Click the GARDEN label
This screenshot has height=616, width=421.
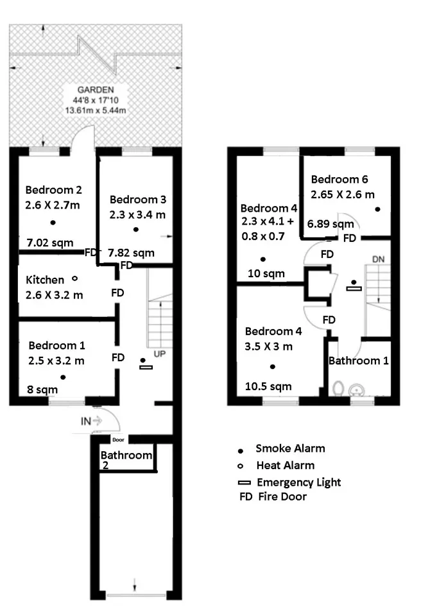pyautogui.click(x=96, y=90)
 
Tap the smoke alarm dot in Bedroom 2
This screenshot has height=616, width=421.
pyautogui.click(x=53, y=223)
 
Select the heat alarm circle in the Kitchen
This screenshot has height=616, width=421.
pyautogui.click(x=74, y=278)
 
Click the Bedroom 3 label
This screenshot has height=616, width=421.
pyautogui.click(x=137, y=200)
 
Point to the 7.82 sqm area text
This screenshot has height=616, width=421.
pyautogui.click(x=131, y=253)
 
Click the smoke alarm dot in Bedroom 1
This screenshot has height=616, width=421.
pyautogui.click(x=63, y=377)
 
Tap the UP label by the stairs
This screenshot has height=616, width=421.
pyautogui.click(x=159, y=354)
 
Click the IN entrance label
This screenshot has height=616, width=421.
pyautogui.click(x=86, y=421)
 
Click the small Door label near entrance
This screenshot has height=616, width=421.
pyautogui.click(x=118, y=440)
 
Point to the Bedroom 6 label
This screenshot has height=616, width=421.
pyautogui.click(x=339, y=180)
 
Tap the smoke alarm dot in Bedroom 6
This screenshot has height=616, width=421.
pyautogui.click(x=377, y=209)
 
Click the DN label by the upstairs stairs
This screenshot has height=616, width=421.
pyautogui.click(x=378, y=259)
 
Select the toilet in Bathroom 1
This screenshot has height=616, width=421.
pyautogui.click(x=338, y=389)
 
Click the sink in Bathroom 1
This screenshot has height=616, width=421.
pyautogui.click(x=357, y=390)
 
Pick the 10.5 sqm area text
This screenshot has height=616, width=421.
pyautogui.click(x=268, y=386)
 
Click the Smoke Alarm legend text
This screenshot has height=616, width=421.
pyautogui.click(x=290, y=449)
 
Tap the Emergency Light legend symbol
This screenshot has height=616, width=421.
pyautogui.click(x=244, y=483)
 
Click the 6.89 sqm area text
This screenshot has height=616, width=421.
pyautogui.click(x=331, y=224)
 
